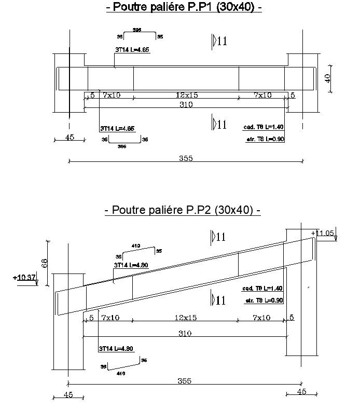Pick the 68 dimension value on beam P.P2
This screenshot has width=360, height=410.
click(45, 263)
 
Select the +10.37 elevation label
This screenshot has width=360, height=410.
click(25, 278)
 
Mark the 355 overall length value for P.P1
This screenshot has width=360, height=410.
click(185, 158)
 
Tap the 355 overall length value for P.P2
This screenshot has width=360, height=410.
click(184, 381)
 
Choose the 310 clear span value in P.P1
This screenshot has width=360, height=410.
click(186, 104)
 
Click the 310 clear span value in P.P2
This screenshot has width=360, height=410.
click(185, 334)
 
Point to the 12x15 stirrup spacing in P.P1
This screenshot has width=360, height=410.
click(187, 95)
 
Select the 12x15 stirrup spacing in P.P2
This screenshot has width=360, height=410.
click(185, 318)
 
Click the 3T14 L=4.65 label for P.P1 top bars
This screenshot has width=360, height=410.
click(132, 50)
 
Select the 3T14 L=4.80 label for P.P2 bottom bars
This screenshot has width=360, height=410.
click(116, 349)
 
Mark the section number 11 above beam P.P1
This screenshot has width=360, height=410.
click(221, 42)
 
